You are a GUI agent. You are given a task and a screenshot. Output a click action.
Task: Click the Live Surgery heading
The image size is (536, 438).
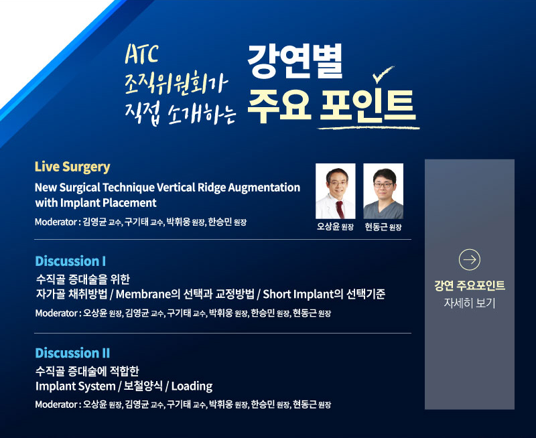point(72,167)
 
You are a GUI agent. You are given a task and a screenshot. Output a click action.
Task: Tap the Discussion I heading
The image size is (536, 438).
point(70,261)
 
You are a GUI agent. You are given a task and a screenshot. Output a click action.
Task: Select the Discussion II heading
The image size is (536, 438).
point(72,353)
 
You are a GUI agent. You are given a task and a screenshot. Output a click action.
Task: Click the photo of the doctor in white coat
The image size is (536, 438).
point(336,191)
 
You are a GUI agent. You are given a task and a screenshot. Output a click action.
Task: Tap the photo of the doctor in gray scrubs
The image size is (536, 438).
point(383,191)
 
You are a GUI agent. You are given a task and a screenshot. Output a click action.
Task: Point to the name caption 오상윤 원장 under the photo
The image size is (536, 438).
point(336,227)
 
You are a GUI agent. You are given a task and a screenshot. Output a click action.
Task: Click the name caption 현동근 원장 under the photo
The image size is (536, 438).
point(383,227)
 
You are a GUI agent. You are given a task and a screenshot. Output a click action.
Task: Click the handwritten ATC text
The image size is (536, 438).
point(142,54)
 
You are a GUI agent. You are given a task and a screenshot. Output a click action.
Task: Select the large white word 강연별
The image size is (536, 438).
point(295,62)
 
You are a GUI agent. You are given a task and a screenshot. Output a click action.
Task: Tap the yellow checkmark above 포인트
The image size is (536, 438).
point(383,74)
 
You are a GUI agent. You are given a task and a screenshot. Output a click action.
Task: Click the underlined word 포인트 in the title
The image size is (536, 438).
point(368,106)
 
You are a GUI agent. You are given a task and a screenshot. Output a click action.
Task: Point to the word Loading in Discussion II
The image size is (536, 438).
point(192,386)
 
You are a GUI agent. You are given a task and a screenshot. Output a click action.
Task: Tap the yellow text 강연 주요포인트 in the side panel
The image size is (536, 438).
point(470,285)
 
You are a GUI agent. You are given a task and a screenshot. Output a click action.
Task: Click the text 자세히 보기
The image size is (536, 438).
point(470,303)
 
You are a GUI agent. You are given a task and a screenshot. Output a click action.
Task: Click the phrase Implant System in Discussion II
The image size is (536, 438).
point(76,386)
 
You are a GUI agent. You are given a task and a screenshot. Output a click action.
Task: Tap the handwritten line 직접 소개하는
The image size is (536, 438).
point(180,114)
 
